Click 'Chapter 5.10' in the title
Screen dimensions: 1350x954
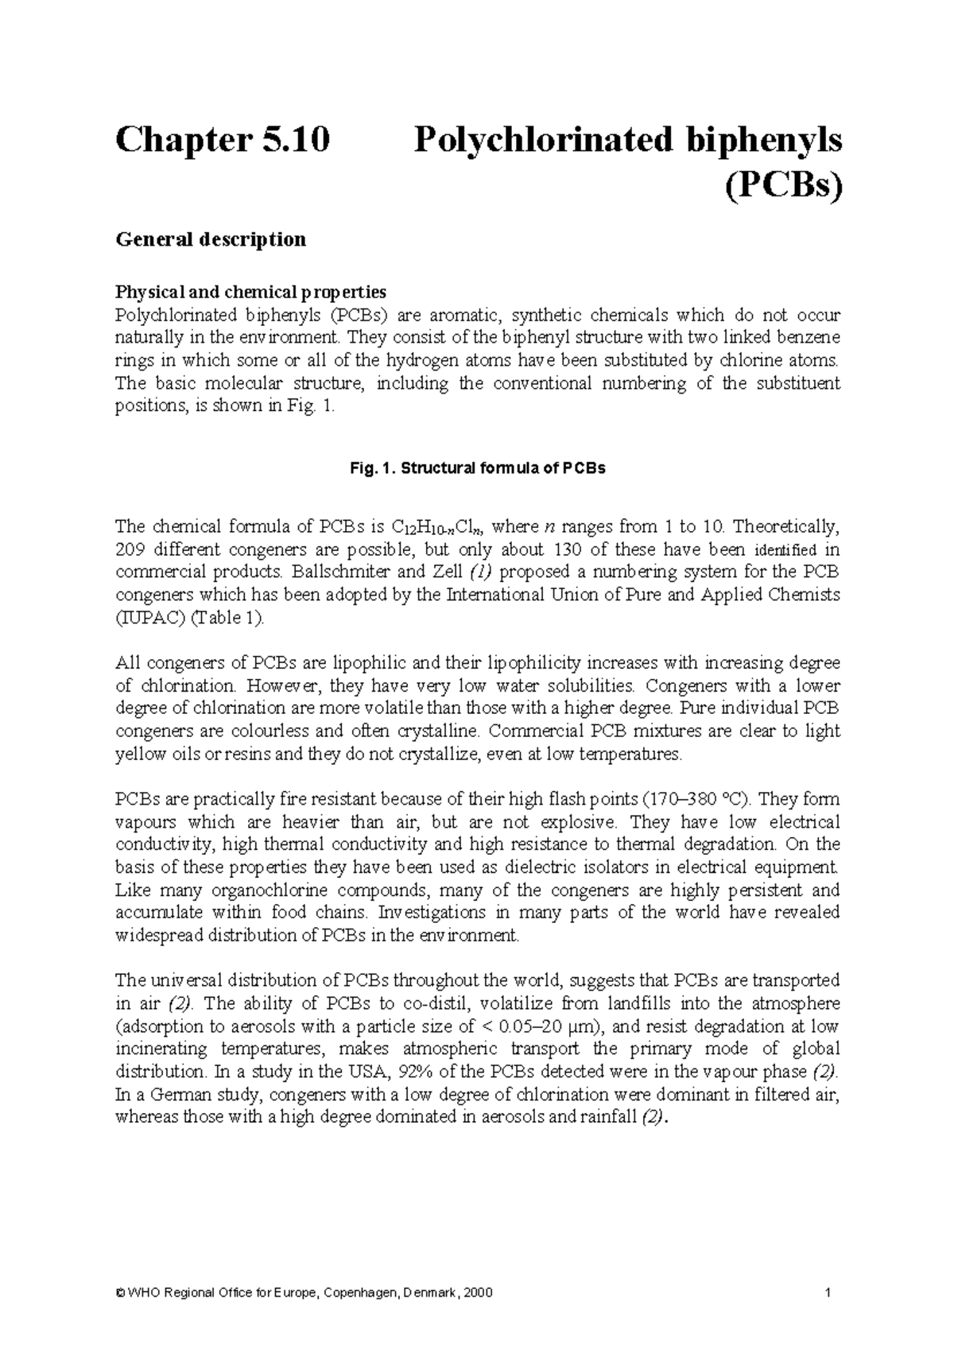click(x=222, y=141)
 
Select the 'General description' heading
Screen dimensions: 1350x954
click(x=211, y=239)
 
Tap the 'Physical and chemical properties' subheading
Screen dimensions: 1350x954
click(x=250, y=292)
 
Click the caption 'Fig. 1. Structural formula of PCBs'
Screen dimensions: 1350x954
click(x=477, y=468)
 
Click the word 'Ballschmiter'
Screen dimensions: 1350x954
click(x=338, y=572)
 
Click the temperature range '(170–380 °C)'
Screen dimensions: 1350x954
click(x=700, y=799)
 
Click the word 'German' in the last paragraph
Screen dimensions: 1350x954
click(x=176, y=1094)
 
